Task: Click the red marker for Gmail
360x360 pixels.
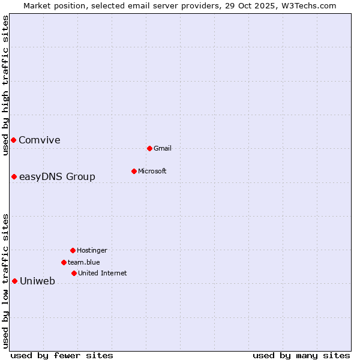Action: [x=149, y=148]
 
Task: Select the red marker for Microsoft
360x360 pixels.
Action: [x=134, y=171]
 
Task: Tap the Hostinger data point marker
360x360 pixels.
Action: [x=73, y=250]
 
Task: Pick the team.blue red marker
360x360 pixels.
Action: [x=64, y=262]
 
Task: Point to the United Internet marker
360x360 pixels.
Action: [x=74, y=273]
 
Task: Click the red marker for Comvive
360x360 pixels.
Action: [x=13, y=140]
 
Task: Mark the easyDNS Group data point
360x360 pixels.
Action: [x=14, y=176]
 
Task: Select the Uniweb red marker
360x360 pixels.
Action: [x=14, y=281]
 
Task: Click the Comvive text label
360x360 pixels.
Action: [x=40, y=140]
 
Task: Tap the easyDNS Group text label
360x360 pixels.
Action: [x=57, y=177]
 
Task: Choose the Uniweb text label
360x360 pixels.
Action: [x=37, y=281]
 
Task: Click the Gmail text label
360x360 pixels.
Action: [x=163, y=149]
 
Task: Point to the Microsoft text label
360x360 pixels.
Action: [x=152, y=172]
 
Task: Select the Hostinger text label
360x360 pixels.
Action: [x=92, y=251]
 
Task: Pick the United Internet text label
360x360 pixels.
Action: [x=102, y=274]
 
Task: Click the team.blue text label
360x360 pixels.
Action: [x=84, y=263]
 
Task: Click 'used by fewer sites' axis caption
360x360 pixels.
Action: [x=62, y=355]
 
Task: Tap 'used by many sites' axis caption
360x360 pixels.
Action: [x=301, y=355]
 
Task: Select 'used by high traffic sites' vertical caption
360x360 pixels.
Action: [x=5, y=85]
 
